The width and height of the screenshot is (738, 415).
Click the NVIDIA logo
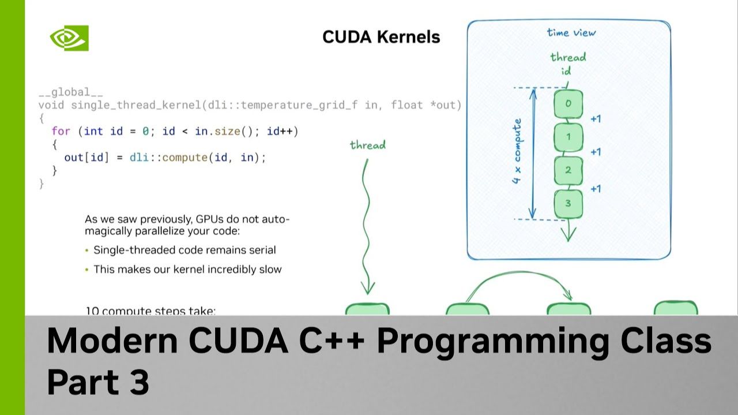(69, 38)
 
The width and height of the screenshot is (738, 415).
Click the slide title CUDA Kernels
(381, 37)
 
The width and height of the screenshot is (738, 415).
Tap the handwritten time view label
(571, 32)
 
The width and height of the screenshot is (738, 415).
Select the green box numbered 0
(568, 104)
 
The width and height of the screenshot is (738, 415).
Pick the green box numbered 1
(568, 137)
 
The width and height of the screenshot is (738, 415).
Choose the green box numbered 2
(568, 170)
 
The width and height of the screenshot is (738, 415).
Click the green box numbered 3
(568, 204)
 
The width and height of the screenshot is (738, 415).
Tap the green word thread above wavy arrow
(367, 145)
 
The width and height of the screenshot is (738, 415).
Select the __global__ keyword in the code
(70, 92)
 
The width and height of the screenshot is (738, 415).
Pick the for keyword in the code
(61, 132)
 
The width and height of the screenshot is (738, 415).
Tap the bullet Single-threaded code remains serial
(184, 250)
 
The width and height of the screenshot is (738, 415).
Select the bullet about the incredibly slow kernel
(187, 269)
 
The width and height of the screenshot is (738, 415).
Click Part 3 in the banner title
(98, 382)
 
